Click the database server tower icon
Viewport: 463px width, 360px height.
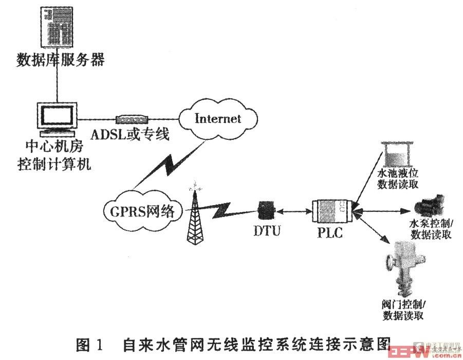coord(57,26)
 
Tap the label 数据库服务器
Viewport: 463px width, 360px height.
coord(61,61)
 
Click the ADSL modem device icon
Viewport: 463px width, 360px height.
coord(131,120)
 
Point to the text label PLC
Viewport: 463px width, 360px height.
coord(329,232)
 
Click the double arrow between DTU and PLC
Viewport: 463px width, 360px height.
coord(293,210)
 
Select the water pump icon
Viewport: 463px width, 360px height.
coord(431,206)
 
